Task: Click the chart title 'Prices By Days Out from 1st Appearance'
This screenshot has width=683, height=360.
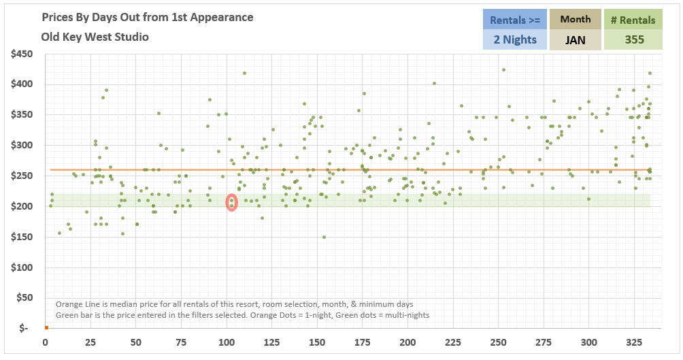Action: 147,17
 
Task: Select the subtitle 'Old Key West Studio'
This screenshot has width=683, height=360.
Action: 95,37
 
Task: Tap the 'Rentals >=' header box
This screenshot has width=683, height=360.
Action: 514,20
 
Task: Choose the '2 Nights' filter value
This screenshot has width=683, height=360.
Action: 514,39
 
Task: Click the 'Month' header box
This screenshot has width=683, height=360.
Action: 575,20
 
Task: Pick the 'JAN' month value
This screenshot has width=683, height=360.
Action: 575,40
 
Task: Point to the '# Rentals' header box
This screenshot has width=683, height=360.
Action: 633,20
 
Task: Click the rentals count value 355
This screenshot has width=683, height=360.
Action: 633,39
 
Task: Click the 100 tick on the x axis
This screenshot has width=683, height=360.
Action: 227,342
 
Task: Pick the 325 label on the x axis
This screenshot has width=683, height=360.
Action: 634,342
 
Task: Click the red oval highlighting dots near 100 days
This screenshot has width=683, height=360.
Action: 231,202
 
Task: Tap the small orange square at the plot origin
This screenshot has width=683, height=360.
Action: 46,327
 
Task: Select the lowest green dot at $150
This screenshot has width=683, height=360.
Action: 324,238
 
